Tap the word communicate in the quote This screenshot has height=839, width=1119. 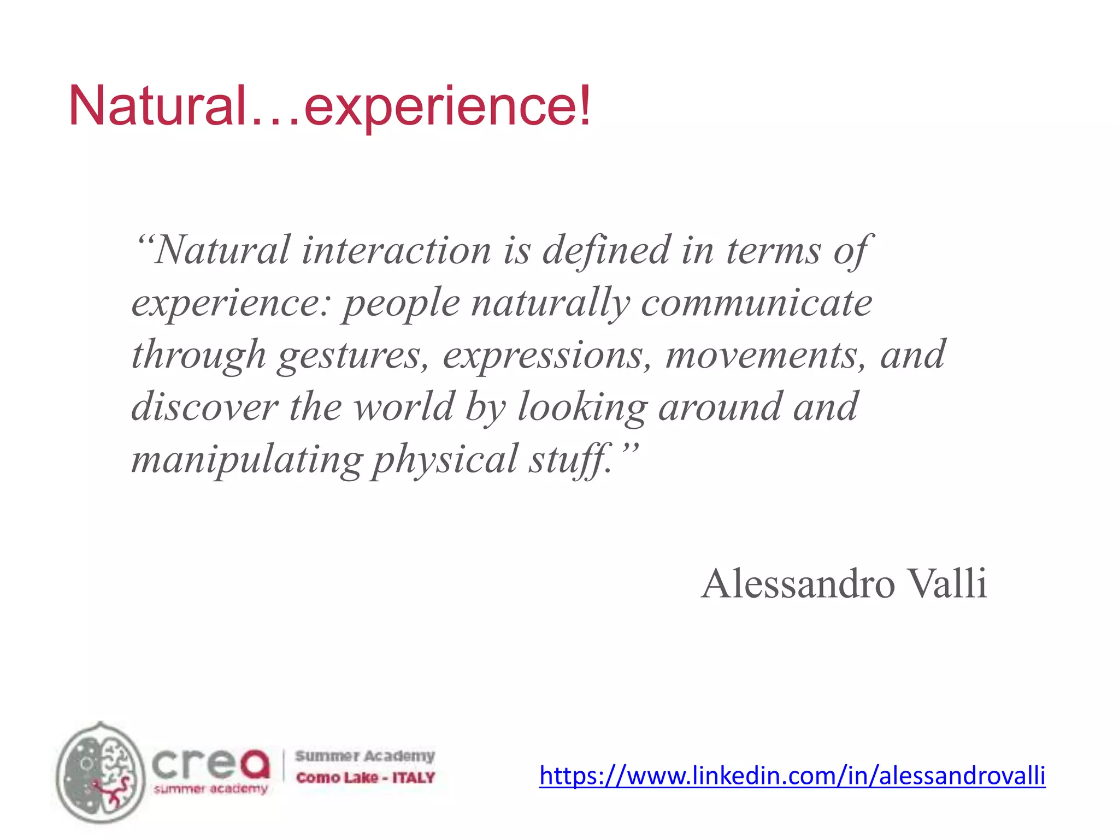(757, 303)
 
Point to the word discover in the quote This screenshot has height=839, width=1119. (205, 407)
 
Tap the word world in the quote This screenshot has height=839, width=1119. (404, 407)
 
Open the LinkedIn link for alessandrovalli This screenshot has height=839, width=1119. (792, 776)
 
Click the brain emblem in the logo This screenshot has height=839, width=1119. (101, 771)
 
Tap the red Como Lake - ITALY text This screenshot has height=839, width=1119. (365, 777)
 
